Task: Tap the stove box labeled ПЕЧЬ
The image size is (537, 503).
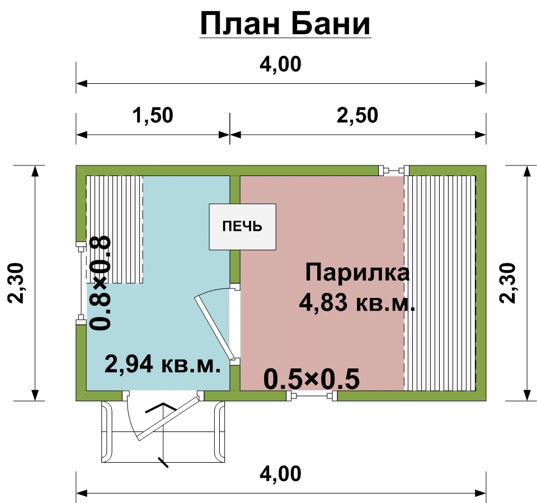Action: point(242,226)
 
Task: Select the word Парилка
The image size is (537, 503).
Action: point(357,273)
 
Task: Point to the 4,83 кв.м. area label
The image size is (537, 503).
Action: point(357,303)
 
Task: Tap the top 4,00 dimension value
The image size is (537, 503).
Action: point(280,64)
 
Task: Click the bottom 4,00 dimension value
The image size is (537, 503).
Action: point(280,474)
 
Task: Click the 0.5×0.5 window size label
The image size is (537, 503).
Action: point(311,379)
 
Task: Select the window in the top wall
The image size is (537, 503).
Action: point(394,170)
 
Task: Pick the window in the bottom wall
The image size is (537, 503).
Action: point(311,396)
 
